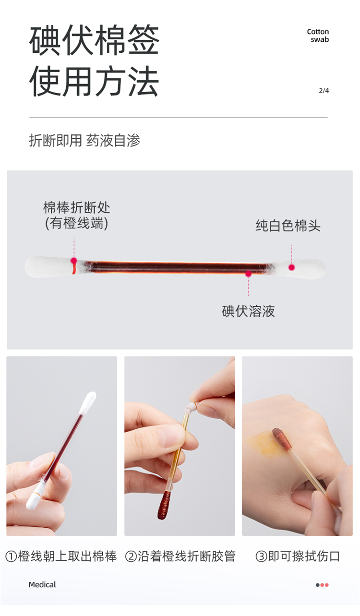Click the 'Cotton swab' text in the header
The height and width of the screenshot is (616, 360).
click(318, 36)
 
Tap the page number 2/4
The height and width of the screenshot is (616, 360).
click(324, 90)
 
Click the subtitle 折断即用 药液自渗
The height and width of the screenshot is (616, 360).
click(84, 141)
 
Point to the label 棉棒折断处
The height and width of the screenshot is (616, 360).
click(77, 207)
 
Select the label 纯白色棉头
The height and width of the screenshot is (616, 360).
click(288, 226)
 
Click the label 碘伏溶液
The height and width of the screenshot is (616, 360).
click(248, 311)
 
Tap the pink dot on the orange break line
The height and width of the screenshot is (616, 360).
click(74, 260)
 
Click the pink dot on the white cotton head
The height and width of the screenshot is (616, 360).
click(292, 267)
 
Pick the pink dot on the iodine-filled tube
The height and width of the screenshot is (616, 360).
click(248, 274)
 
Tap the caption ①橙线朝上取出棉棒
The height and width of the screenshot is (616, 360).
click(61, 556)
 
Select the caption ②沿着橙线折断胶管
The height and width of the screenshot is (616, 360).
click(180, 556)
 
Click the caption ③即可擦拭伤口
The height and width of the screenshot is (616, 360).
click(298, 556)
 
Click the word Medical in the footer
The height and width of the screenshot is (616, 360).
click(42, 584)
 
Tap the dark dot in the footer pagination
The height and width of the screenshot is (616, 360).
click(318, 585)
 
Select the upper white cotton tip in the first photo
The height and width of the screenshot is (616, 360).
click(88, 403)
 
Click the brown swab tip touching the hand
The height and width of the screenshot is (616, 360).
click(282, 439)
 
